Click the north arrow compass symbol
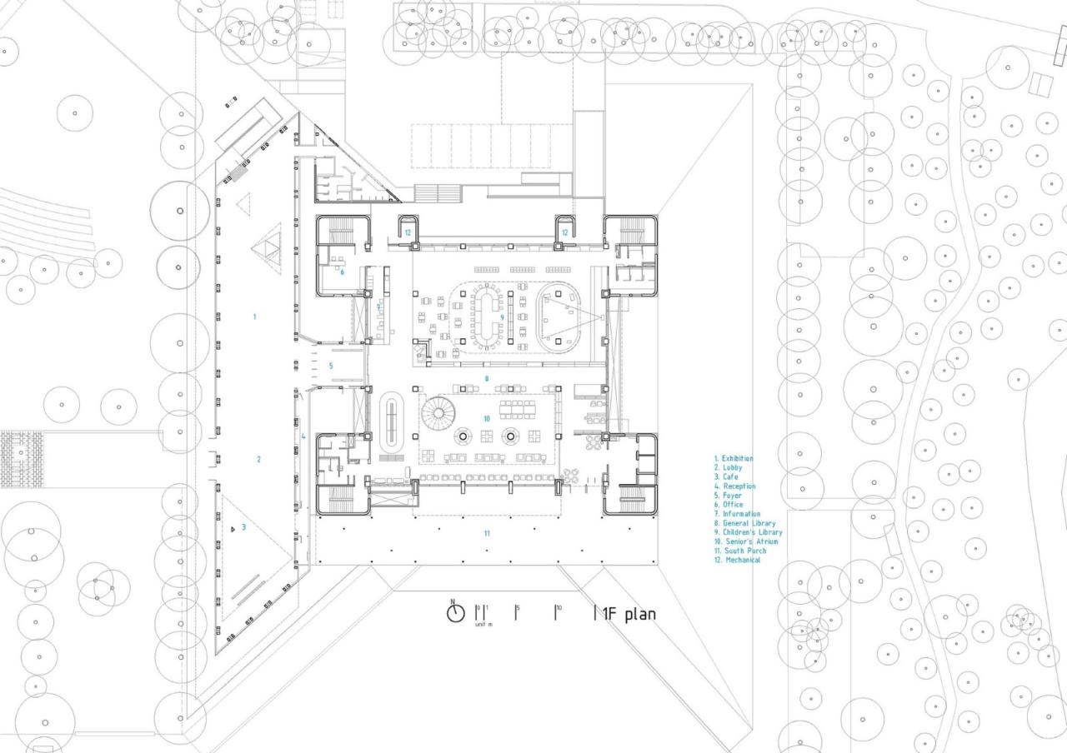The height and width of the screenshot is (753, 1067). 455,613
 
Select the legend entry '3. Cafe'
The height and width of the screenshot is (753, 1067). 726,477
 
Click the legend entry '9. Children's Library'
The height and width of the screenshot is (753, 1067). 748,532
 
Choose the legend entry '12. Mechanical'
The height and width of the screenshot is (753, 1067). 737,561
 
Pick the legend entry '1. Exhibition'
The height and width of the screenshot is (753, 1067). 734,459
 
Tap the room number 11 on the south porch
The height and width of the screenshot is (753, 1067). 486,532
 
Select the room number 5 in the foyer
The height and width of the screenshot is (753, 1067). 330,366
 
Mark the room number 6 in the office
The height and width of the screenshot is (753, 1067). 342,271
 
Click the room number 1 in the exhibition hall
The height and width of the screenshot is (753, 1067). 254,317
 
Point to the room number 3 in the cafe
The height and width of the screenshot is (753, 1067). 243,526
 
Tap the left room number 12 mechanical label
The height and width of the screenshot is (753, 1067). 408,232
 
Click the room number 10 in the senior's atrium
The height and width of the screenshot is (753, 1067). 487,418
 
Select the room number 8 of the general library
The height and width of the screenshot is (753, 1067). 487,378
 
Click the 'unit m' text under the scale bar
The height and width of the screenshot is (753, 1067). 483,624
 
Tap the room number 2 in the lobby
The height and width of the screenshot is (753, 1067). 258,459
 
